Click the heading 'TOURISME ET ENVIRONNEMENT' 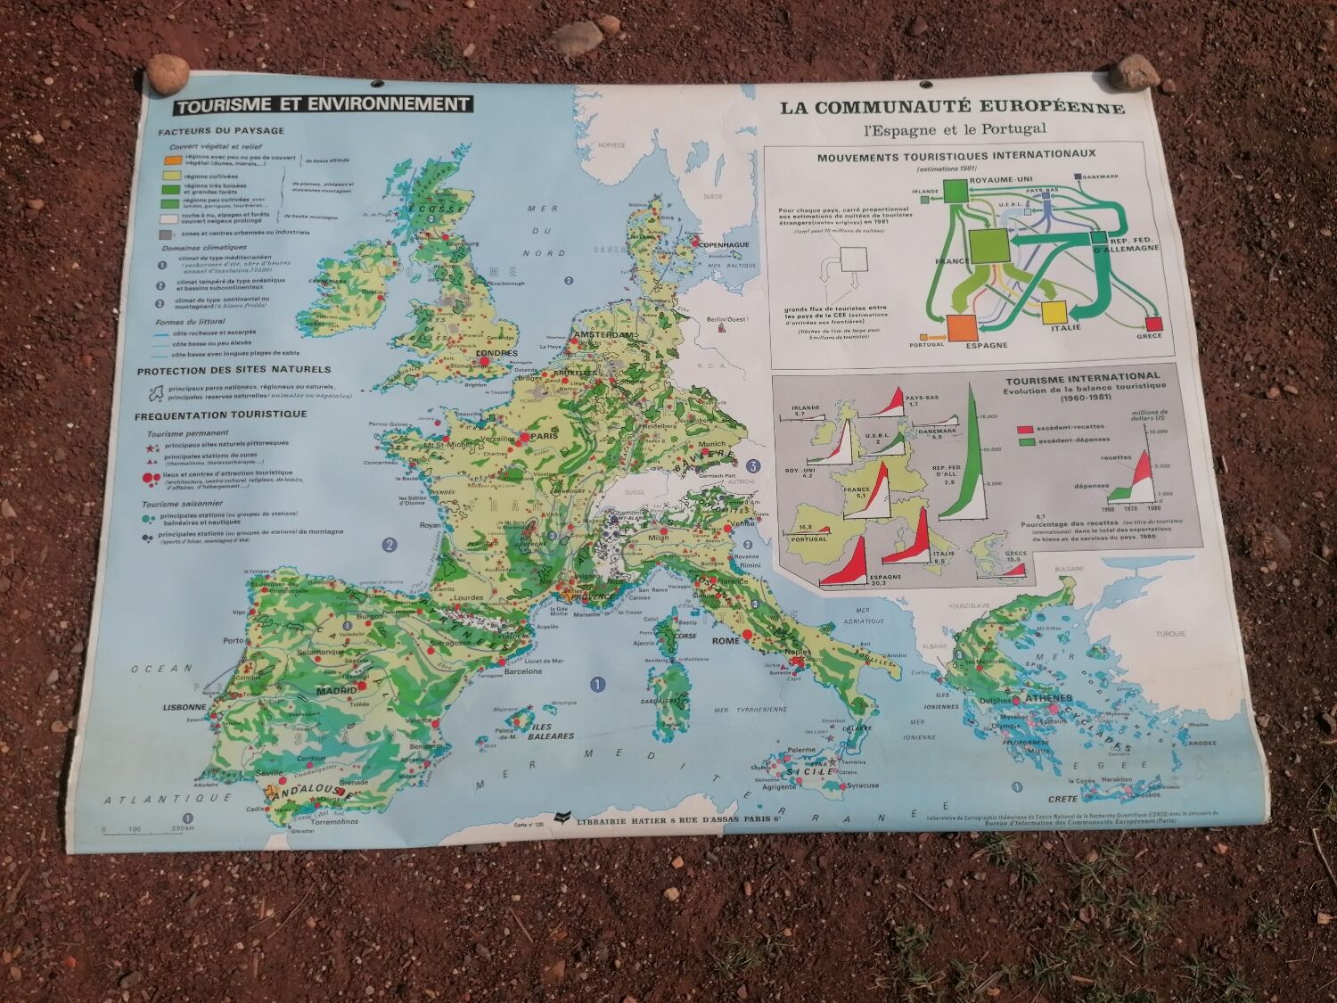(x=323, y=104)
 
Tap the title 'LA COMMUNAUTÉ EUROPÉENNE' (x=952, y=108)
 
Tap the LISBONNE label (x=185, y=706)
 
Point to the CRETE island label (x=1063, y=799)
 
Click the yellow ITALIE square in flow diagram (x=1054, y=312)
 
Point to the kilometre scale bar (x=143, y=832)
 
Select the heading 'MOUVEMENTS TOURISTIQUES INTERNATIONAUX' (x=956, y=154)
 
